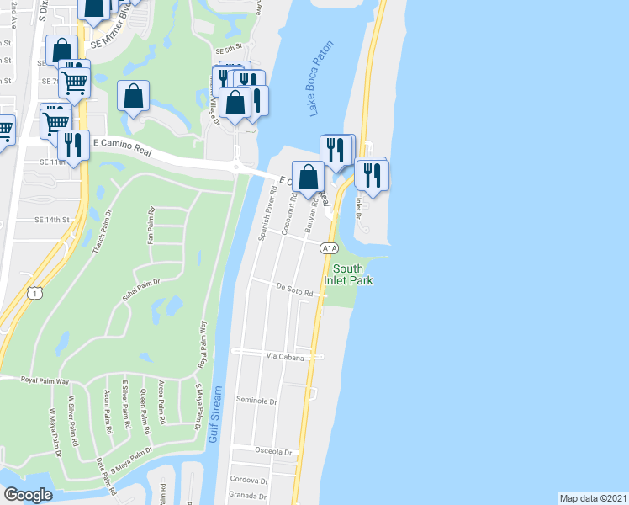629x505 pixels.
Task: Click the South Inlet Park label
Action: pyautogui.click(x=347, y=274)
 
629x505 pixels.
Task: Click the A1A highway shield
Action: pyautogui.click(x=329, y=248)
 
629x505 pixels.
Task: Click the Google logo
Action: pyautogui.click(x=29, y=494)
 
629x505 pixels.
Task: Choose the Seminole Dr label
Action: pyautogui.click(x=256, y=401)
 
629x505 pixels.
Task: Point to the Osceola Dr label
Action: pyautogui.click(x=276, y=452)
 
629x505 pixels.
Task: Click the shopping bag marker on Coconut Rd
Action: pyautogui.click(x=309, y=178)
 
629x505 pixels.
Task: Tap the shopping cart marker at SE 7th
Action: pyautogui.click(x=75, y=82)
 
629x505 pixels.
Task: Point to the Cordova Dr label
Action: pyautogui.click(x=248, y=480)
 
